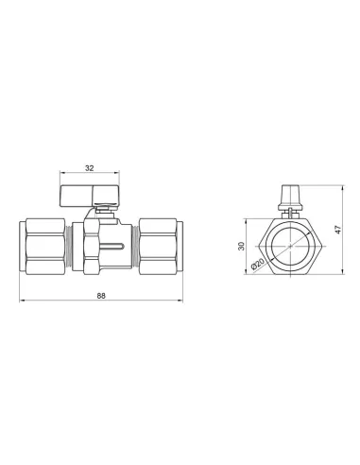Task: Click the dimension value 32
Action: pyautogui.click(x=90, y=168)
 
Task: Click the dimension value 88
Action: pyautogui.click(x=101, y=296)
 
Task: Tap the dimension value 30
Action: pyautogui.click(x=242, y=246)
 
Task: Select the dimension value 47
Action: pyautogui.click(x=338, y=230)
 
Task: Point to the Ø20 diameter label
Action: pyautogui.click(x=257, y=264)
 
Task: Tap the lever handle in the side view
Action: pyautogui.click(x=90, y=196)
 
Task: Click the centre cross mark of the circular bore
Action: pyautogui.click(x=290, y=246)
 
